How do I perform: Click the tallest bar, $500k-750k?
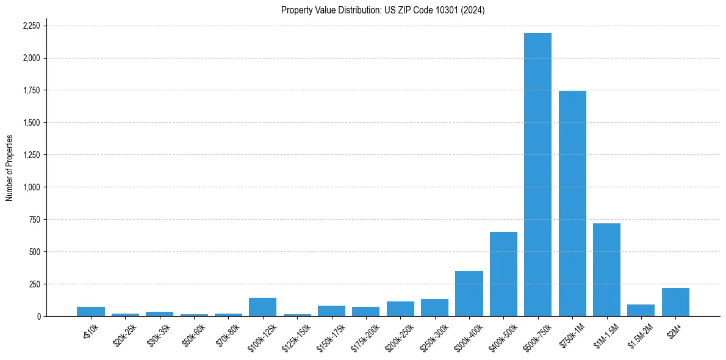(537, 175)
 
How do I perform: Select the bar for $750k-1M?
(572, 203)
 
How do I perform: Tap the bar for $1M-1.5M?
(606, 270)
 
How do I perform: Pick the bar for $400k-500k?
(503, 274)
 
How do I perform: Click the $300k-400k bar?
(469, 293)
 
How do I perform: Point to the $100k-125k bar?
(262, 307)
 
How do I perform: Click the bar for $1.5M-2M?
(641, 310)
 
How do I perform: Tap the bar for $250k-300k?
(434, 308)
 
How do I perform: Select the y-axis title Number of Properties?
(10, 167)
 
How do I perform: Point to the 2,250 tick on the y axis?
(31, 26)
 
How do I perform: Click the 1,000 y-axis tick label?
(31, 187)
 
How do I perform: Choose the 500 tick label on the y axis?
(35, 252)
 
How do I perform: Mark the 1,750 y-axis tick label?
(31, 90)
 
